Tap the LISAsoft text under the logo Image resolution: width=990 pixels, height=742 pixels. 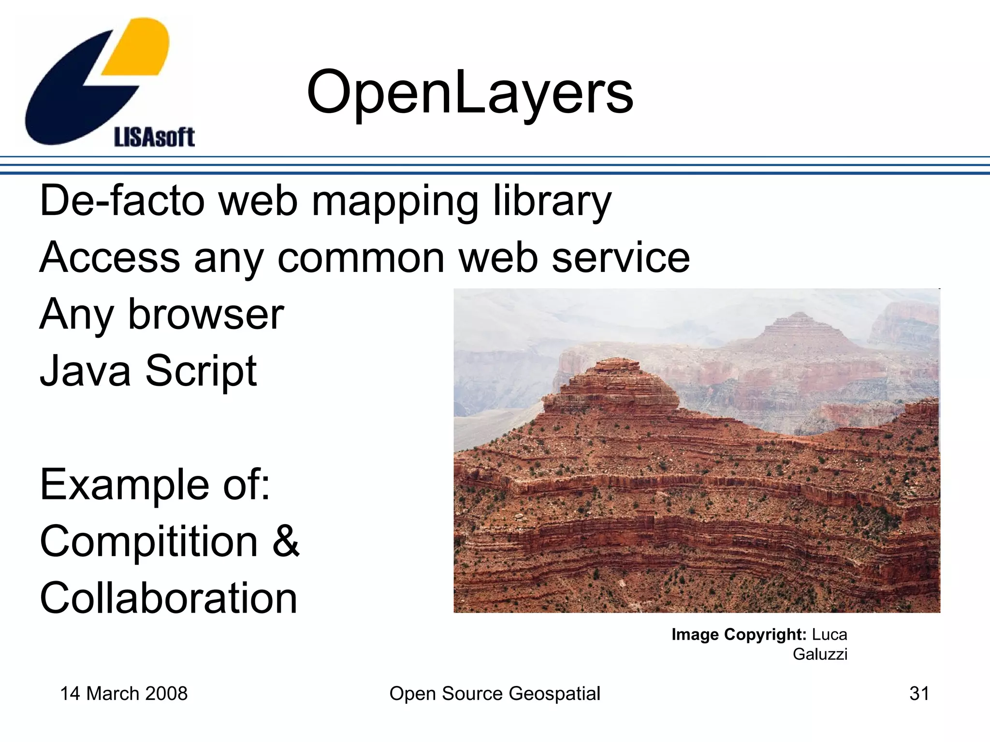154,137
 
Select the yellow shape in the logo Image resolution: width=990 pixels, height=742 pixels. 137,47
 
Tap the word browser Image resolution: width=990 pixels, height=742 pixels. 206,314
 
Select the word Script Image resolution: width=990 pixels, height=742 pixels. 201,371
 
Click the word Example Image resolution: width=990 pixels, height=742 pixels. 125,485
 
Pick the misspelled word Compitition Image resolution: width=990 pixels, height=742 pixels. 149,542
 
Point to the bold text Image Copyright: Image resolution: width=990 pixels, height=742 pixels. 739,634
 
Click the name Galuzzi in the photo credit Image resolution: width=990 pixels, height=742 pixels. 820,654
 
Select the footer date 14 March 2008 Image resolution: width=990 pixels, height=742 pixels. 124,694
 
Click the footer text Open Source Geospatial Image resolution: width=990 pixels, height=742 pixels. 495,694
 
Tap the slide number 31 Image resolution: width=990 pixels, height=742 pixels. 919,694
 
